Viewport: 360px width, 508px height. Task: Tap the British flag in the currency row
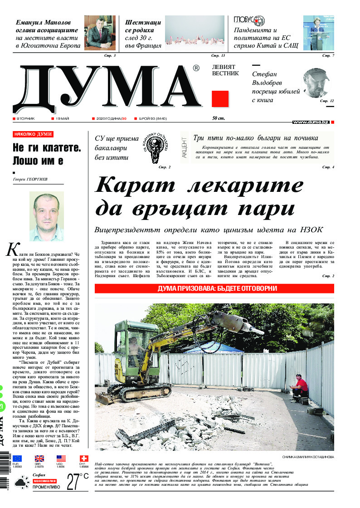click(x=39, y=459)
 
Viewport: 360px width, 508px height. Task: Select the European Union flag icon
click(x=17, y=459)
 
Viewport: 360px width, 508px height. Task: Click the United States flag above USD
click(x=61, y=459)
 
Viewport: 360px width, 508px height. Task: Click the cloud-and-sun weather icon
click(x=20, y=484)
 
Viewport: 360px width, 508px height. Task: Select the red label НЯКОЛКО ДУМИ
click(x=33, y=134)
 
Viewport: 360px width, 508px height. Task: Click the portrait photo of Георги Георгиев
click(x=47, y=216)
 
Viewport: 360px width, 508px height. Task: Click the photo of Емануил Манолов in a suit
click(x=100, y=32)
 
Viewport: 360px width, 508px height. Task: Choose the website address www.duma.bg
click(x=311, y=122)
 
